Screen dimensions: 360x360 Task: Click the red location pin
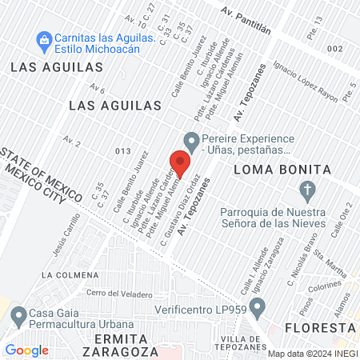coord(180,162)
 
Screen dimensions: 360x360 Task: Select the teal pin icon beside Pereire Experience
coord(190,139)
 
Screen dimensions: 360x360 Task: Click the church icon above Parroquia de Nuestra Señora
coord(306,190)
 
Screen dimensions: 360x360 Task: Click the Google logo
coord(26,350)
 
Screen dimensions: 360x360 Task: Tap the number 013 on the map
coord(122,150)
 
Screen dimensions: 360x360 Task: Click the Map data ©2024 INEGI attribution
coord(311,353)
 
